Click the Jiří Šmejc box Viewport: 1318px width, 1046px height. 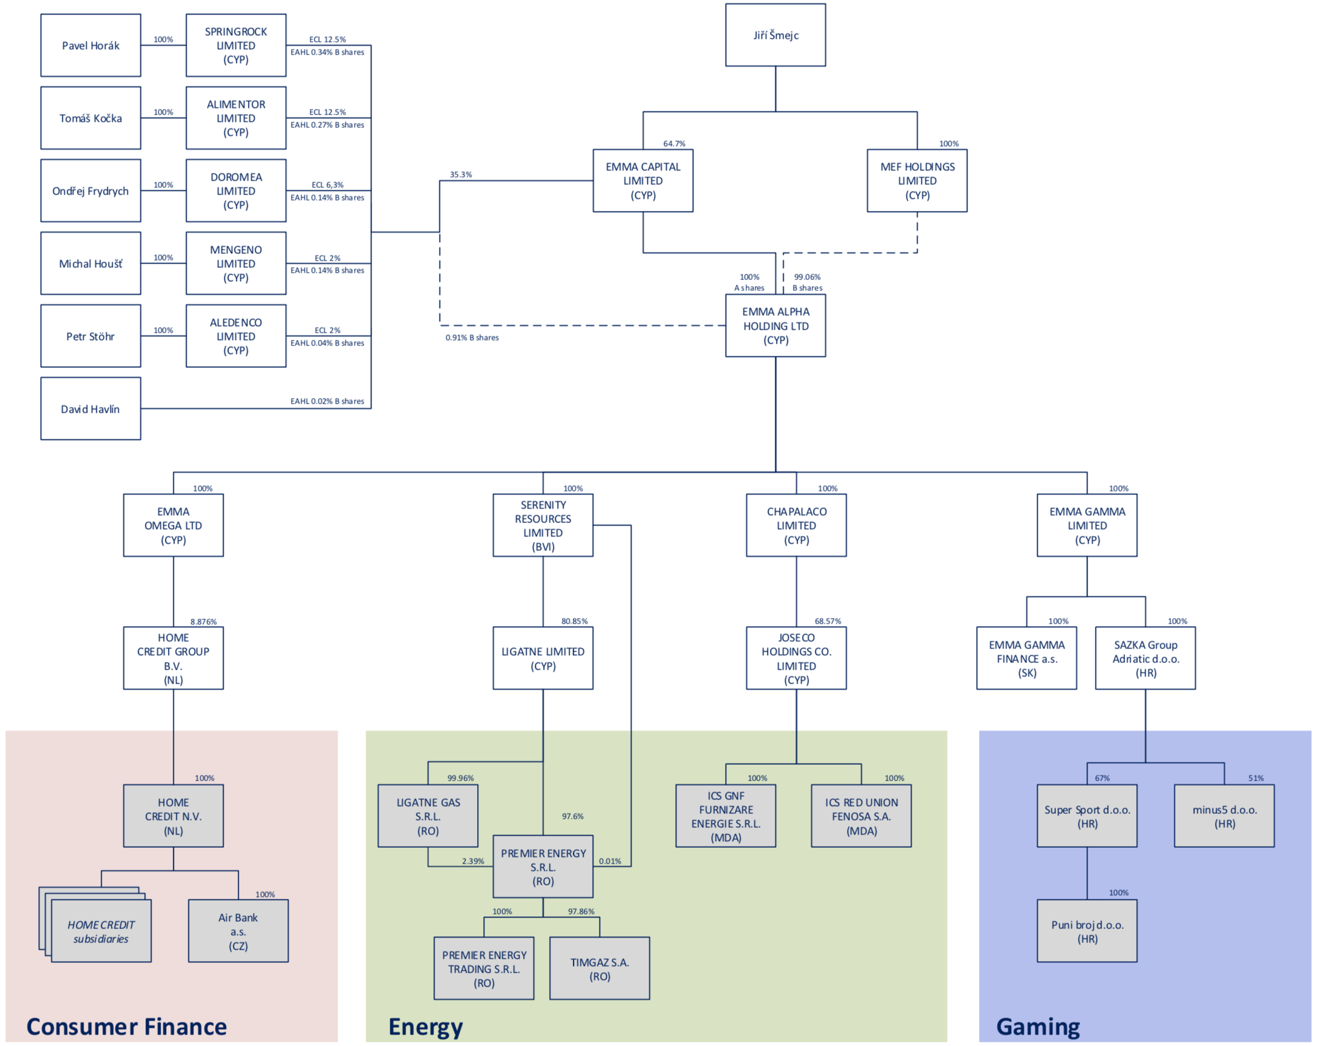click(x=775, y=35)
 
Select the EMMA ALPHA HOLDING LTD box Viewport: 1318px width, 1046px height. click(x=775, y=325)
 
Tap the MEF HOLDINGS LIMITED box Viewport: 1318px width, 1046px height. click(x=917, y=180)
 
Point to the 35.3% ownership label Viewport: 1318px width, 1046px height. click(x=460, y=174)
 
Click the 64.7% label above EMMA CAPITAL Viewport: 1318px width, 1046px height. click(x=674, y=144)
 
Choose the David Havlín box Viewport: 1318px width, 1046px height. click(x=90, y=408)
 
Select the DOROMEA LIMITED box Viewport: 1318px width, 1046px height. click(x=236, y=191)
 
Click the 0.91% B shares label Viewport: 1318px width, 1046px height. click(x=471, y=338)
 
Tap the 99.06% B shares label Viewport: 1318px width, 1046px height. click(x=807, y=282)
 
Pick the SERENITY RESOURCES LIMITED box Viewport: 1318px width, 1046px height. click(x=542, y=525)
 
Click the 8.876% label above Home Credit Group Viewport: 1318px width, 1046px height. click(x=203, y=621)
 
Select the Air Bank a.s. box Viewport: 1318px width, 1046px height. click(x=238, y=930)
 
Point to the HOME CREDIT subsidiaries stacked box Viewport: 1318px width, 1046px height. click(x=101, y=930)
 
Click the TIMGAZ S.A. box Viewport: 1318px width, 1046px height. click(x=599, y=968)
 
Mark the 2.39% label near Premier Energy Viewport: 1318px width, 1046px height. click(x=472, y=861)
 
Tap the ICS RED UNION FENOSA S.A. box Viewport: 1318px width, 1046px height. click(x=861, y=816)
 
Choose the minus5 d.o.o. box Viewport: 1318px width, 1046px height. click(x=1224, y=816)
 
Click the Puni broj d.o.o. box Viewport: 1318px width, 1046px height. click(x=1086, y=930)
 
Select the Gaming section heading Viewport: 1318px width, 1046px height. click(x=1037, y=1026)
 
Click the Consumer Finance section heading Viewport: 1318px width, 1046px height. click(x=127, y=1026)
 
